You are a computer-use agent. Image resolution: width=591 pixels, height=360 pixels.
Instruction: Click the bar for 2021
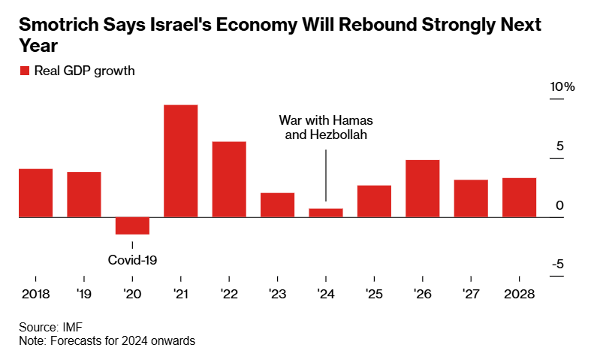[180, 161]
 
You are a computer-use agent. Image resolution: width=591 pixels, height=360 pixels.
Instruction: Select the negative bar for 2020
[132, 225]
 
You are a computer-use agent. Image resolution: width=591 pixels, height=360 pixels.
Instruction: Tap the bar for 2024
[326, 213]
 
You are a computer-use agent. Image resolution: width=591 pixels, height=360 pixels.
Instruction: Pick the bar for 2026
[422, 189]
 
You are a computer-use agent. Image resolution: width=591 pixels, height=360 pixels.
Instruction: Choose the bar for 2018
[35, 193]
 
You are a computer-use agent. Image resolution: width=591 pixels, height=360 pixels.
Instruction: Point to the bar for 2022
[229, 180]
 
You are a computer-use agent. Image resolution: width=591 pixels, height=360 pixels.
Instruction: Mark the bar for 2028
[519, 198]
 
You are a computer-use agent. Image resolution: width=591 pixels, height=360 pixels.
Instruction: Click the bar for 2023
[277, 205]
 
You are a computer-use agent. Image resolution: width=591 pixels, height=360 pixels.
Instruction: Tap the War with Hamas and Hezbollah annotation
[325, 127]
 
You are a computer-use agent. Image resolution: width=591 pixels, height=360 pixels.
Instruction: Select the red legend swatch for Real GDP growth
[24, 71]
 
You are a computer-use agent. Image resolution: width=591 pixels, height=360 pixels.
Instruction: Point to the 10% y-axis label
[562, 87]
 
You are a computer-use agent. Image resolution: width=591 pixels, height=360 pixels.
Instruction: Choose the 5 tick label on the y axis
[559, 147]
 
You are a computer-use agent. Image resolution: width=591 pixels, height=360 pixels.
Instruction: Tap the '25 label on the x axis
[374, 294]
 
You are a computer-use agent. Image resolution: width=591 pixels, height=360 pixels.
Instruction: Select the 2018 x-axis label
[35, 294]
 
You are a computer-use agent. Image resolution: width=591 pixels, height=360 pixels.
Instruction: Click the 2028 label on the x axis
[519, 294]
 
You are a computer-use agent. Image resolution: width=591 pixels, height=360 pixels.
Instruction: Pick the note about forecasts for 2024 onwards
[107, 340]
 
